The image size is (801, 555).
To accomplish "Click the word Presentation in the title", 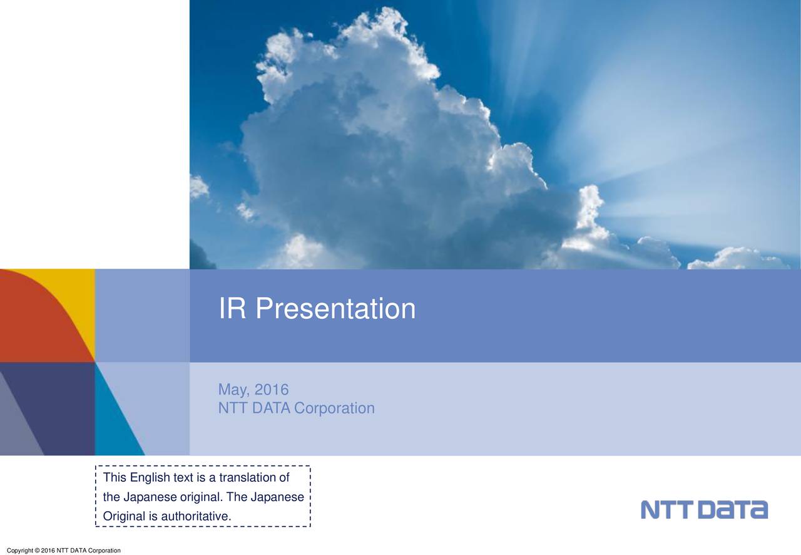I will (335, 309).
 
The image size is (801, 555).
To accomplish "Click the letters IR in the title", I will (232, 309).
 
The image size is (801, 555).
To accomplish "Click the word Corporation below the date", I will (334, 408).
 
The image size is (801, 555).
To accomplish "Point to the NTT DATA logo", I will (704, 509).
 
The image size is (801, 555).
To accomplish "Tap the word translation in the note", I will (247, 479).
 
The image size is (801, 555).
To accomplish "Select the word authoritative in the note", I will (196, 517).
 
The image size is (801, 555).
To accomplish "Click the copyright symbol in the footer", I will (36, 551).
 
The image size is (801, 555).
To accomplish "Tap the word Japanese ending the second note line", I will (277, 498).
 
